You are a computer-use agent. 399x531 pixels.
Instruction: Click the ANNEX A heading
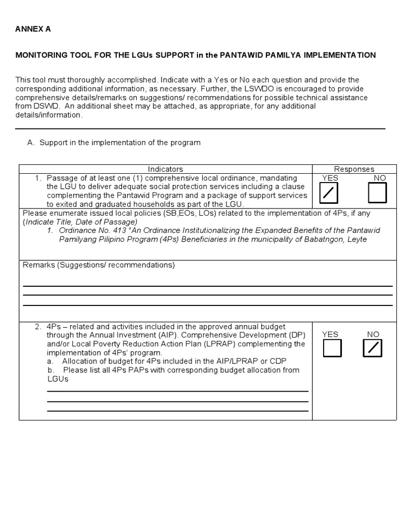33,29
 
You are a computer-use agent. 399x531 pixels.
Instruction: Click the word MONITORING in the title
40,55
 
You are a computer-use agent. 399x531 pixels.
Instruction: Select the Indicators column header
165,169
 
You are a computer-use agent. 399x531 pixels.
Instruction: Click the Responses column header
354,169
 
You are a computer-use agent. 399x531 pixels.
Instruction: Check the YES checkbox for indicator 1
330,193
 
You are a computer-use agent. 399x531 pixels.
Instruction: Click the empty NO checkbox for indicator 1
377,193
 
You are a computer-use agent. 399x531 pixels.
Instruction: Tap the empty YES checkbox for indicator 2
332,348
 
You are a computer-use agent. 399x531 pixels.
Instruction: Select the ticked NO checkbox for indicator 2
373,348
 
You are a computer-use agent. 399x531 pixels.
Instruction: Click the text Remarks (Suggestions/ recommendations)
99,265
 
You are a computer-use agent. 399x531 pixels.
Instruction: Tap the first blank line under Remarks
207,286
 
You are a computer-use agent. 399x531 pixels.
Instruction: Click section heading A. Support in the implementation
113,143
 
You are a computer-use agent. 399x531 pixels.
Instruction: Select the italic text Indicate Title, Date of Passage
81,221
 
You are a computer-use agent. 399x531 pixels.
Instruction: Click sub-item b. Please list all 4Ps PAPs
177,370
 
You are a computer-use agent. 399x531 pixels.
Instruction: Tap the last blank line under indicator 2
177,411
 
